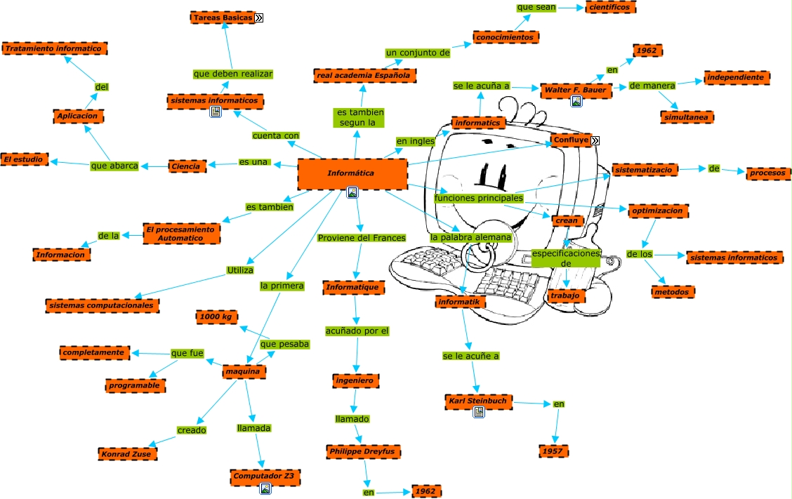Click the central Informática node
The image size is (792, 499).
(352, 173)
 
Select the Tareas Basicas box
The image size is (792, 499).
(222, 17)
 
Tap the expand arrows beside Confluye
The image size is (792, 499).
(595, 140)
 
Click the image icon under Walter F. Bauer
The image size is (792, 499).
(576, 102)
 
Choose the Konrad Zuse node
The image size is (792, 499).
(126, 453)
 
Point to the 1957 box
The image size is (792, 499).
(553, 451)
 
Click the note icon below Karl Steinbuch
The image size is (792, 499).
(478, 413)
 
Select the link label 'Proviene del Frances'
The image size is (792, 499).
(362, 238)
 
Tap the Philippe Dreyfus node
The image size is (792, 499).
(363, 451)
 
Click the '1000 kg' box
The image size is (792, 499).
(216, 317)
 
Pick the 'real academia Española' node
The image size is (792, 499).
(365, 75)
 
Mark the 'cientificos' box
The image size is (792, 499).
(610, 7)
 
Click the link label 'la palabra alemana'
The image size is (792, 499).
(470, 238)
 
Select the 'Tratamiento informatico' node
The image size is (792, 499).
(55, 48)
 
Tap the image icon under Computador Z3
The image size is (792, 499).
(265, 488)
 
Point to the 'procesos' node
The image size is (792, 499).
(769, 173)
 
